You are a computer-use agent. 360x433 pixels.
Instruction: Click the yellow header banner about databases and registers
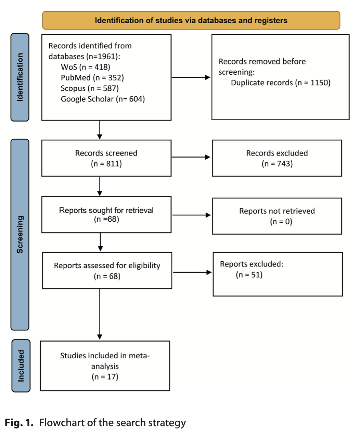(x=191, y=20)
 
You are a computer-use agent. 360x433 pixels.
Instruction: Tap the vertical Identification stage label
(x=20, y=77)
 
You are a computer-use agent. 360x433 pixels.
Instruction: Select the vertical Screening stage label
(x=20, y=235)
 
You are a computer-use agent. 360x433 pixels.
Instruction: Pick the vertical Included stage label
(x=21, y=366)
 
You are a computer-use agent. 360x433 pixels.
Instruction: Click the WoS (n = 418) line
(x=85, y=67)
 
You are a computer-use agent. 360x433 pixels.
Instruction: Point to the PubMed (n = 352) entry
(x=92, y=77)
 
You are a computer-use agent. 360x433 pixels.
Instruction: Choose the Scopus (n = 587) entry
(x=90, y=88)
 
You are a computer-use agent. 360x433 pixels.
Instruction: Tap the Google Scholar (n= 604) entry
(x=103, y=99)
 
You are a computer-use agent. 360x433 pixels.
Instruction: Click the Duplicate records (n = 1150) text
(x=281, y=83)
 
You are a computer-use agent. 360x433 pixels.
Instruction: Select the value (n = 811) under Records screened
(x=106, y=164)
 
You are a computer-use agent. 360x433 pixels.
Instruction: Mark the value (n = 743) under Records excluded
(x=277, y=164)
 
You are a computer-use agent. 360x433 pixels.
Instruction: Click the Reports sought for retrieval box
(x=106, y=215)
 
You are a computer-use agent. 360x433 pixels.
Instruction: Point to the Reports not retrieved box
(x=277, y=216)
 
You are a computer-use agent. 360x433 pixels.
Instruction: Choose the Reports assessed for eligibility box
(x=107, y=270)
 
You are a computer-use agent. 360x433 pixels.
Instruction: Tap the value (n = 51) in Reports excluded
(x=249, y=275)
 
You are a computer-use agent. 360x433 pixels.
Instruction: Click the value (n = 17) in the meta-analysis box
(x=105, y=376)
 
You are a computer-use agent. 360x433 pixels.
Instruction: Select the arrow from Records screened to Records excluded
(x=191, y=157)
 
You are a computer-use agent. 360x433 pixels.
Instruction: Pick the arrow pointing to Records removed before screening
(x=191, y=77)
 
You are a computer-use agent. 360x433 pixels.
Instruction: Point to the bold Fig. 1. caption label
(x=19, y=422)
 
